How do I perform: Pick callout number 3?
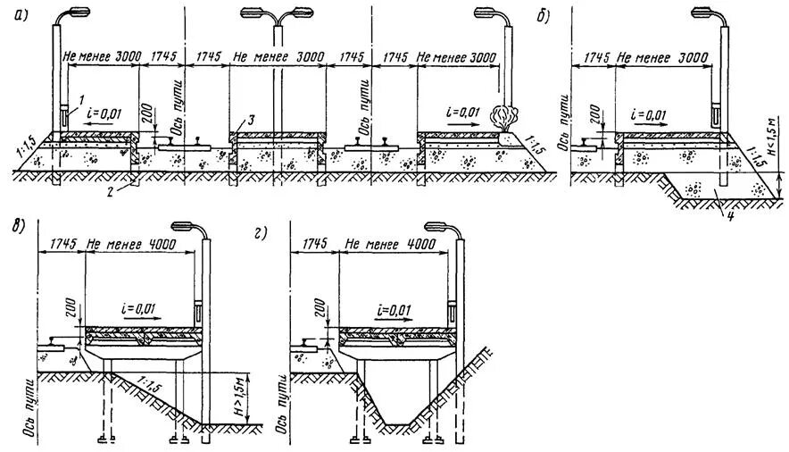coord(252,121)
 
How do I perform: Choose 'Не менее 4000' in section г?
coord(391,242)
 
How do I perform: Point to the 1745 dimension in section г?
coord(315,242)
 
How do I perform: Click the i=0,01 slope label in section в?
coord(140,308)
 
